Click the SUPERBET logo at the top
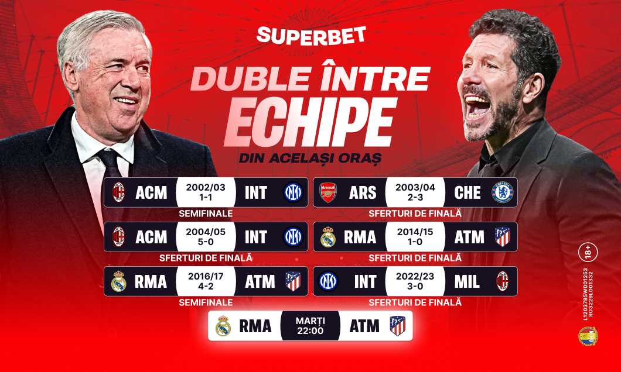click(310, 35)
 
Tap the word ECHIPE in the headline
click(309, 124)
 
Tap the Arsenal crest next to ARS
click(328, 192)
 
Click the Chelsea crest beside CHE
click(502, 192)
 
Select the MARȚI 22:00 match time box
click(310, 326)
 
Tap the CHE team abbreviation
click(467, 192)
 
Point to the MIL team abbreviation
click(467, 282)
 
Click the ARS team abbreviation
click(363, 192)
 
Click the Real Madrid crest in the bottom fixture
click(223, 326)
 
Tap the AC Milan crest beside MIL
click(502, 281)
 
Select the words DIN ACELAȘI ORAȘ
click(310, 158)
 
